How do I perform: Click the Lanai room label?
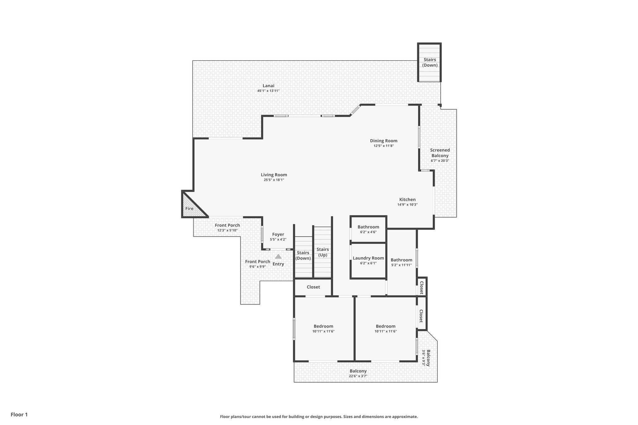point(268,86)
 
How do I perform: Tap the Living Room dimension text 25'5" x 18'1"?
point(274,180)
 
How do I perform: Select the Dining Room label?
point(383,141)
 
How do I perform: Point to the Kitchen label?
point(407,200)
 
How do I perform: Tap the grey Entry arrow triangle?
point(278,257)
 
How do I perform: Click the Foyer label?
point(278,234)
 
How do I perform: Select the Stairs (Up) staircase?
point(322,252)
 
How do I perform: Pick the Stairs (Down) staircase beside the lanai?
point(430,63)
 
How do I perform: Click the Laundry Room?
point(368,260)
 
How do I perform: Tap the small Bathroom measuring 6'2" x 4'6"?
point(368,229)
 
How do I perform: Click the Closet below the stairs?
point(313,287)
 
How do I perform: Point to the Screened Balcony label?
point(440,153)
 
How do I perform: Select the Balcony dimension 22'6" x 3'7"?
point(358,376)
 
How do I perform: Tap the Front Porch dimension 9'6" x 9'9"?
point(257,267)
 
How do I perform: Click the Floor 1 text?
point(19,415)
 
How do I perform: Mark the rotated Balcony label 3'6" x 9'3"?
point(426,357)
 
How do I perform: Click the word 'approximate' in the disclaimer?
point(404,417)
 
